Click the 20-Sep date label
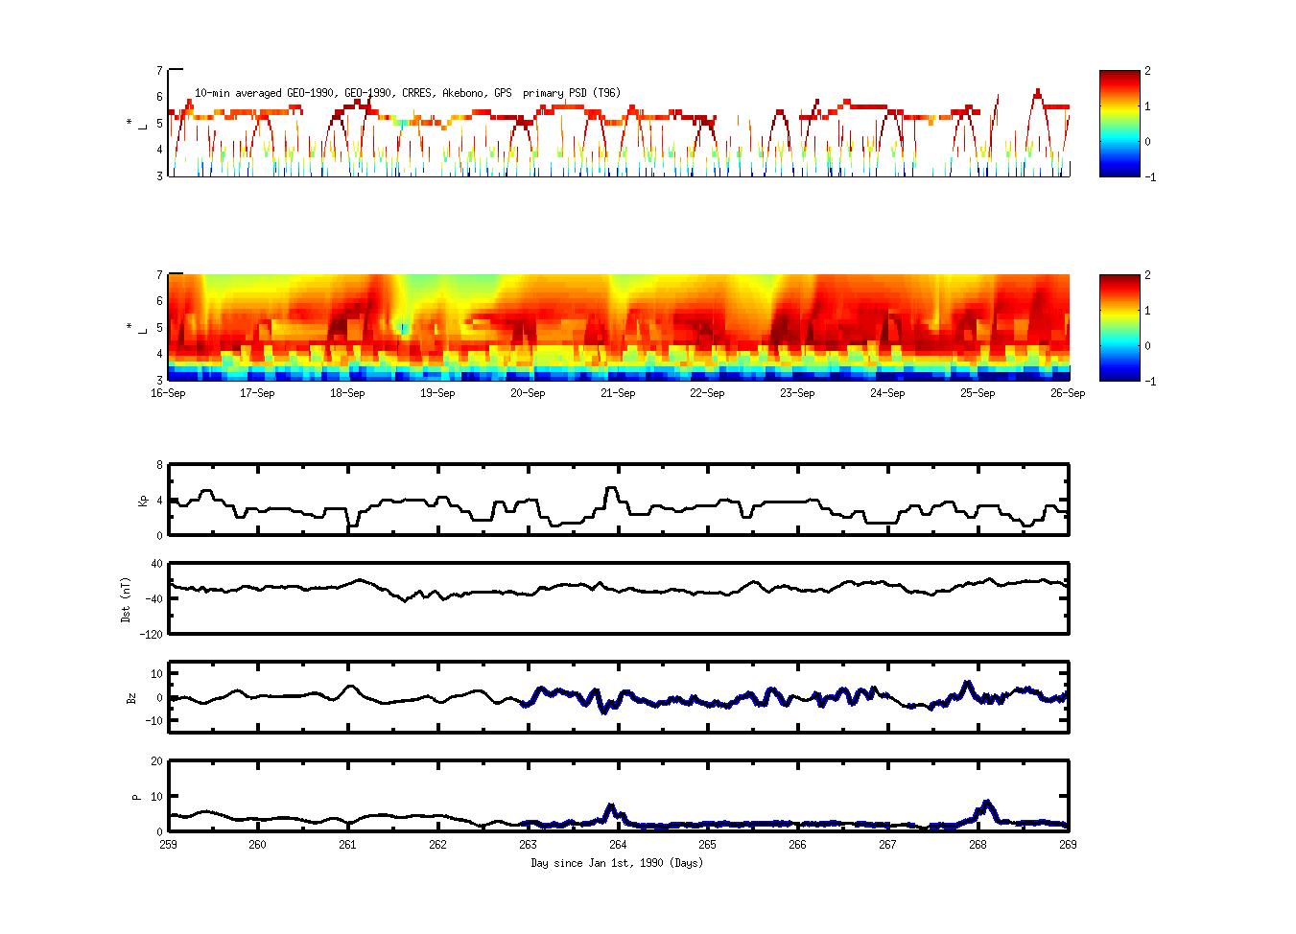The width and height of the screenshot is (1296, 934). pos(527,393)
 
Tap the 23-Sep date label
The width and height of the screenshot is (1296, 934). pos(797,393)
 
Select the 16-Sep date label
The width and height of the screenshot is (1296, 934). pos(168,393)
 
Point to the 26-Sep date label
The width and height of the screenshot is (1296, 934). pos(1068,393)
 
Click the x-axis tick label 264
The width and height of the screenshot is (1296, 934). pos(618,845)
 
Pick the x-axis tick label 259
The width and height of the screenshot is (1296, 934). pos(168,845)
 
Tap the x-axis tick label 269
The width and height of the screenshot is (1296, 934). pos(1068,845)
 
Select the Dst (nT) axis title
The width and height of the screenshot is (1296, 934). pos(126,599)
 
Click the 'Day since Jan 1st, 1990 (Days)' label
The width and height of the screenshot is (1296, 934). pos(617,863)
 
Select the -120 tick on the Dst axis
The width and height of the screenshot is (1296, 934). pos(151,634)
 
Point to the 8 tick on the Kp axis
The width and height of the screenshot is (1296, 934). pos(159,465)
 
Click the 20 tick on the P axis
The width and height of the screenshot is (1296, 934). pos(156,761)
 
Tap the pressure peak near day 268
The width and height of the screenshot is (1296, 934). pos(987,802)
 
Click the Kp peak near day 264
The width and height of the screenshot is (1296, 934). pos(611,488)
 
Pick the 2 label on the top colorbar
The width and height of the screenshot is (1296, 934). pos(1148,71)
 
